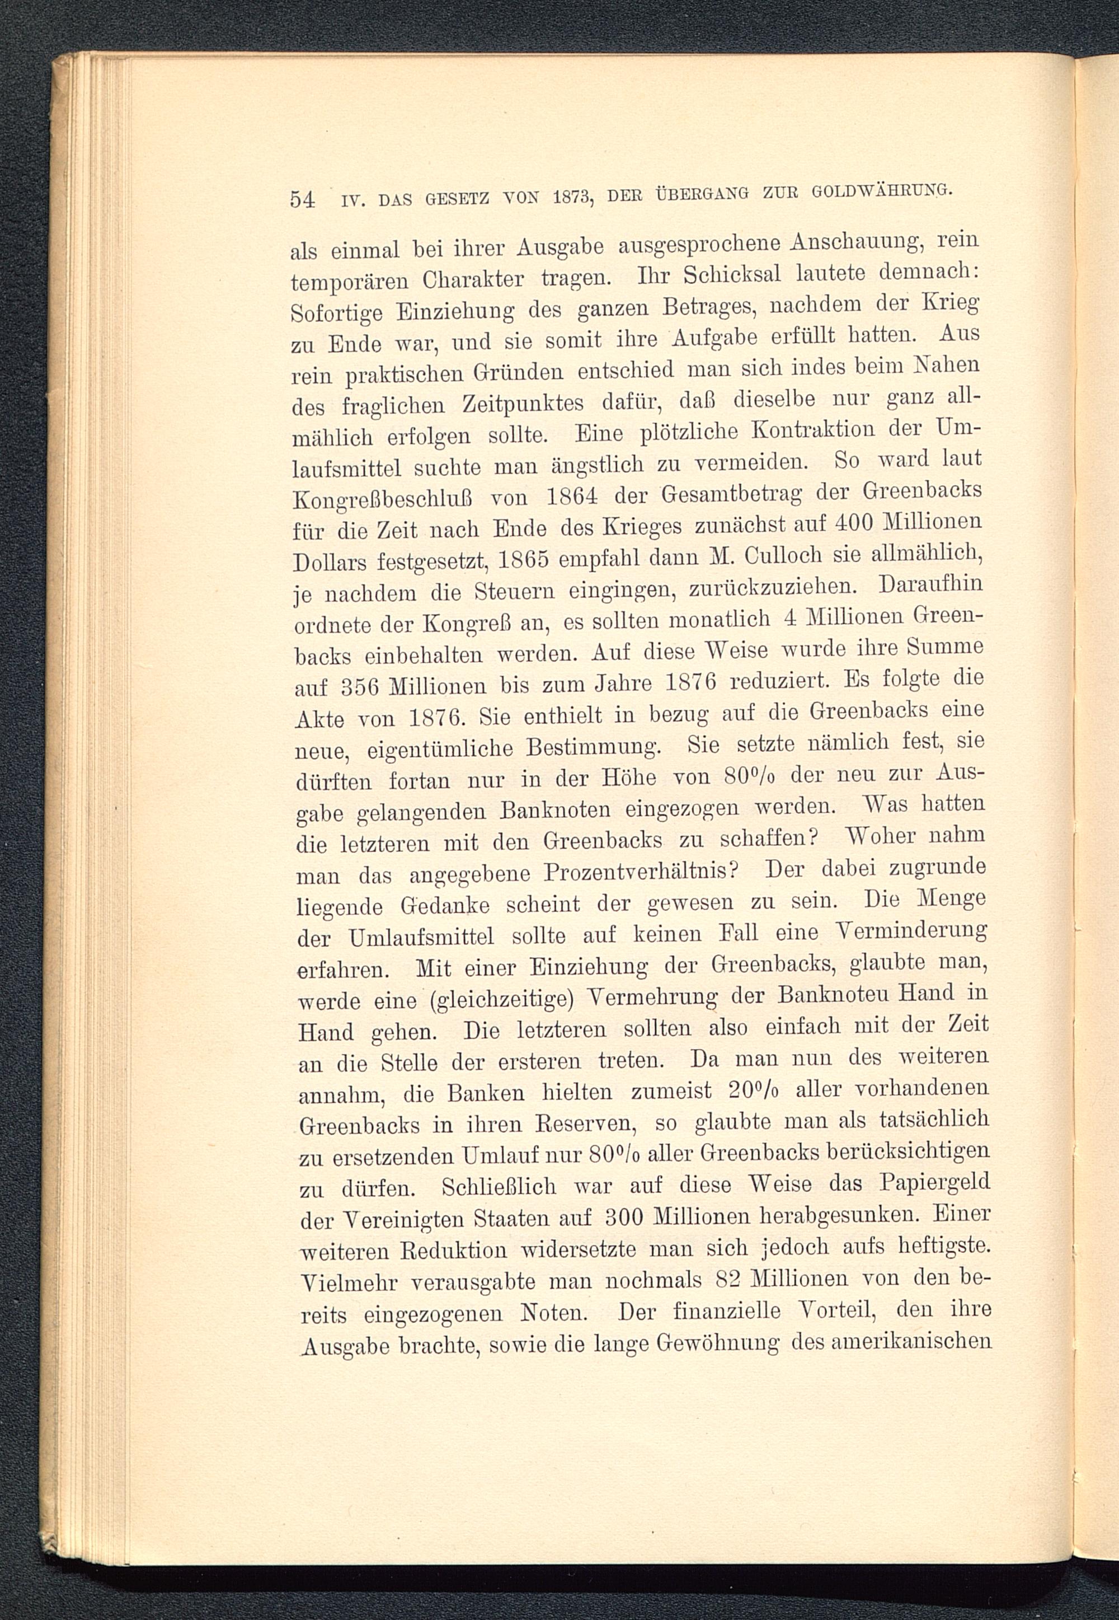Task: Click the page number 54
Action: pyautogui.click(x=302, y=200)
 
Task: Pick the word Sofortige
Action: pyautogui.click(x=336, y=311)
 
